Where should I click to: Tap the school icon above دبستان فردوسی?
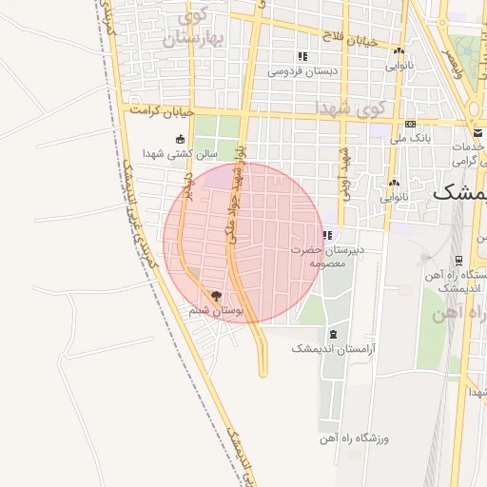click(302, 56)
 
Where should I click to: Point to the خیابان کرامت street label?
click(163, 111)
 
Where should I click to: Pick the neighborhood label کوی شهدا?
click(354, 107)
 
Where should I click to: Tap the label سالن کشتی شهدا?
click(181, 152)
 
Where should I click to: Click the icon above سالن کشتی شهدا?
click(181, 139)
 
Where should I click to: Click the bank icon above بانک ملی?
click(410, 124)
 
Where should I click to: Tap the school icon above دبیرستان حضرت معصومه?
click(328, 235)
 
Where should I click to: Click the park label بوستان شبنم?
click(216, 310)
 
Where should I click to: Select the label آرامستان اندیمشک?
click(337, 349)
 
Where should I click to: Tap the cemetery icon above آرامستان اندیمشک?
click(333, 334)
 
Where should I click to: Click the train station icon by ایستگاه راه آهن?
click(458, 260)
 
